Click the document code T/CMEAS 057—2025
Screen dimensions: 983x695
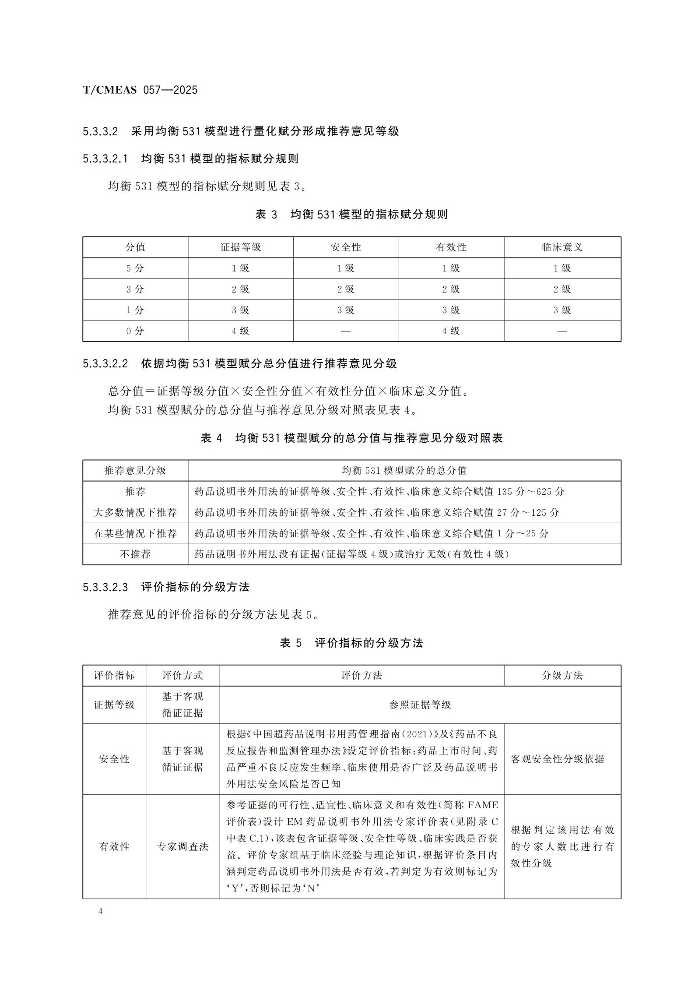point(140,90)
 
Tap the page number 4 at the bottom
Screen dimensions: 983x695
point(101,911)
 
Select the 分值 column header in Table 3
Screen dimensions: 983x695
point(135,247)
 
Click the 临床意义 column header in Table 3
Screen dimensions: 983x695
point(562,247)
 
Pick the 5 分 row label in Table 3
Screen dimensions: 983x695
point(135,268)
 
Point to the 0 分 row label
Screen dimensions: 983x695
point(135,331)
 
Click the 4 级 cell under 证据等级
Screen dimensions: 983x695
point(240,331)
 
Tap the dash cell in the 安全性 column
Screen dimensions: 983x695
point(346,331)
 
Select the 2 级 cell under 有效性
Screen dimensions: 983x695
point(451,289)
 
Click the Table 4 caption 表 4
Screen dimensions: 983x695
point(211,438)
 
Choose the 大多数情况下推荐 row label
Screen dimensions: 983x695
point(135,512)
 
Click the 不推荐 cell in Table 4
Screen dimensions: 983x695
point(135,554)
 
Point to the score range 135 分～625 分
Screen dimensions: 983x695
point(531,491)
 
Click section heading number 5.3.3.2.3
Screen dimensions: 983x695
point(105,587)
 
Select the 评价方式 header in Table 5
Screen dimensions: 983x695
point(183,675)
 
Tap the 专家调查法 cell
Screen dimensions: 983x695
point(183,846)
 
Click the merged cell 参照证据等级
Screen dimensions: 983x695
point(420,705)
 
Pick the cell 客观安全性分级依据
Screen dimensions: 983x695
point(558,759)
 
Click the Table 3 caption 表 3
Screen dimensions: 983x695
point(267,214)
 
